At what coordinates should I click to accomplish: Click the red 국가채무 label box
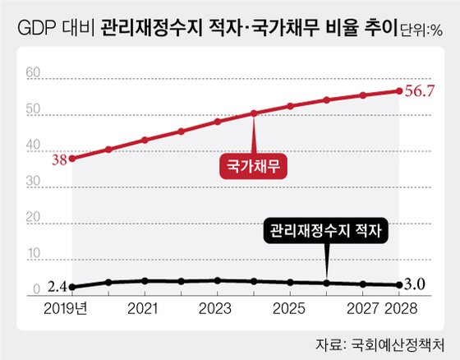255,166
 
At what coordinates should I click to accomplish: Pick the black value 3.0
417,286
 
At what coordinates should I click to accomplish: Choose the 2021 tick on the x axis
145,309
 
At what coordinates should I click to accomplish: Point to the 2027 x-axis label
362,309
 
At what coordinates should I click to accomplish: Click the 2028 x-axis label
401,309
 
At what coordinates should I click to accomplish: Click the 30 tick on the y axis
32,182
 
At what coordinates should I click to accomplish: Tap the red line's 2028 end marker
399,90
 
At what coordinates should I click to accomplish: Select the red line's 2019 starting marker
72,158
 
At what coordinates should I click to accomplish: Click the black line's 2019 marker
72,287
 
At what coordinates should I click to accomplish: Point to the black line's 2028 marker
399,285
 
